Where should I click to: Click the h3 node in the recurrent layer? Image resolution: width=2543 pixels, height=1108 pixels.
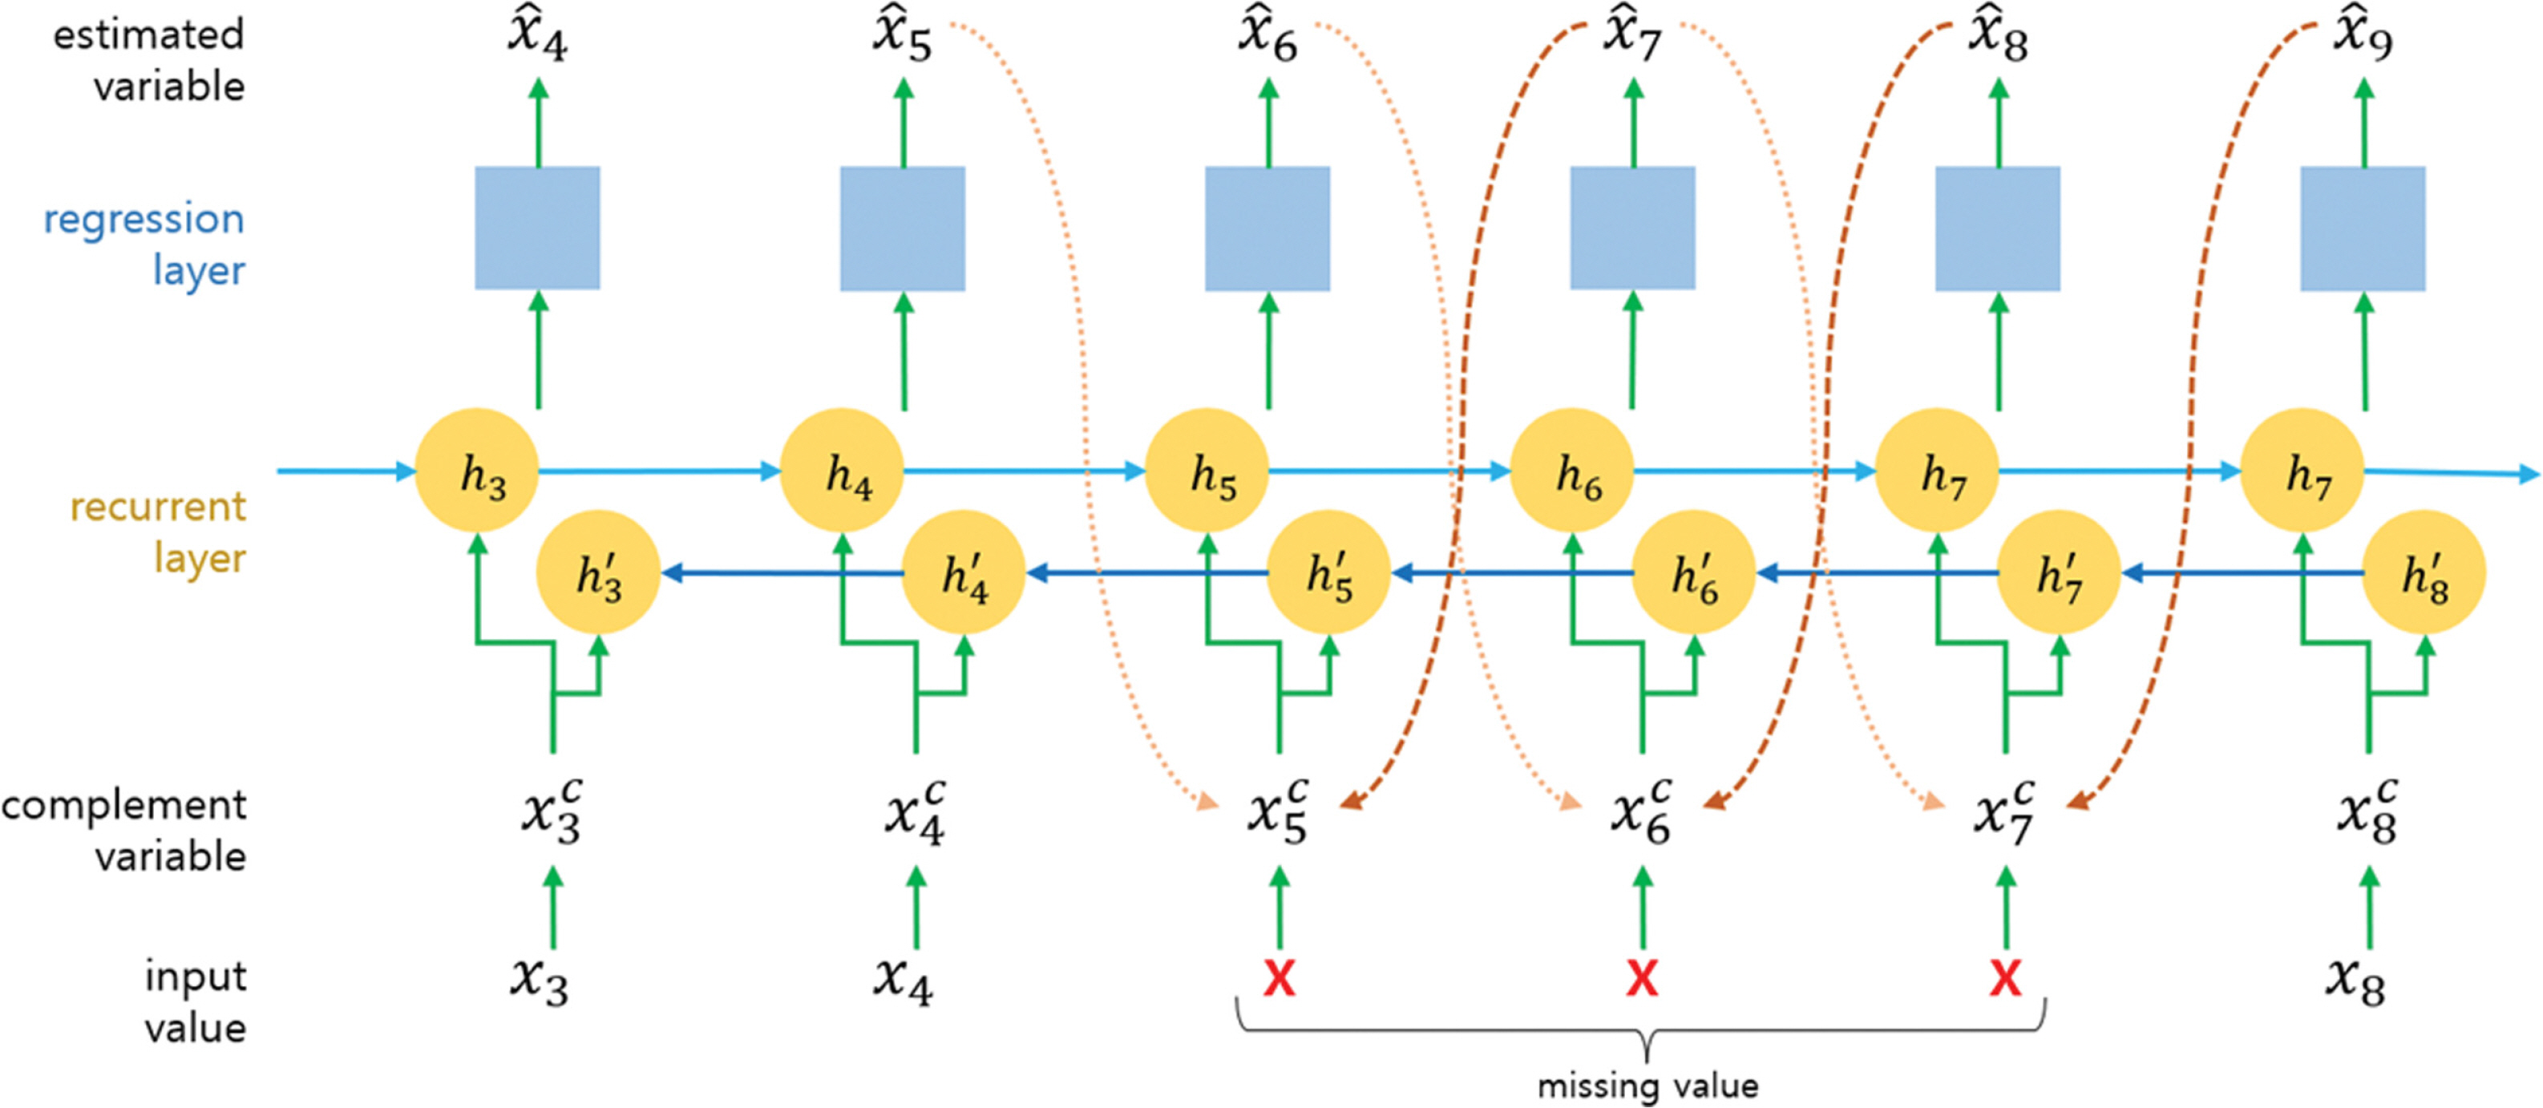coord(477,471)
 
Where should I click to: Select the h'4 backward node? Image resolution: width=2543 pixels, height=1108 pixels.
coord(964,572)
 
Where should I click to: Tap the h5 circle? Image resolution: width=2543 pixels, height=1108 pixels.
coord(1207,471)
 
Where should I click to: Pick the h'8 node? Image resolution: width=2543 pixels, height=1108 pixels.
coord(2424,572)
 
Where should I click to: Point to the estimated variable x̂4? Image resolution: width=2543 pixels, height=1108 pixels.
coord(538,37)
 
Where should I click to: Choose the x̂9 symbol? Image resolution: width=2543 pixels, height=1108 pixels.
coord(2363,37)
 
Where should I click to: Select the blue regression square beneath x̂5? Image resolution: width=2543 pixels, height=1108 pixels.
coord(902,228)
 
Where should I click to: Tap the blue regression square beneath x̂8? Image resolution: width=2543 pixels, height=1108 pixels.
coord(1997,228)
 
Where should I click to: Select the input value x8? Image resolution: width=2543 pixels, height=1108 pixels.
coord(2355,980)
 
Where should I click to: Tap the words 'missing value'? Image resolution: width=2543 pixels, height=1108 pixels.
coord(1647,1086)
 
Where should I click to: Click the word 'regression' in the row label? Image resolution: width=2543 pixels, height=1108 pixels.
coord(144,219)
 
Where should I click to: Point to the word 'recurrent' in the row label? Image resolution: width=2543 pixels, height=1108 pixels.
coord(158,507)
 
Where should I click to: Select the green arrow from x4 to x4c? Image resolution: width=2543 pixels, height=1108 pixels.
coord(916,908)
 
